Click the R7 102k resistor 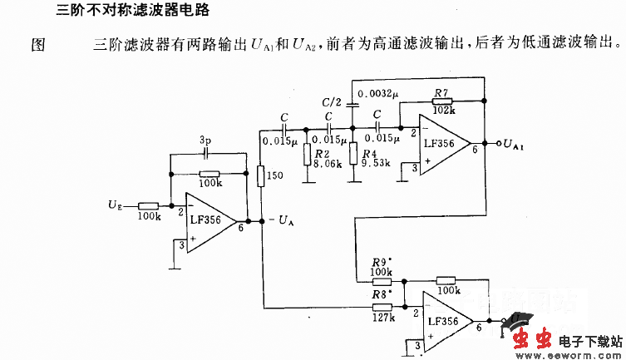pyautogui.click(x=443, y=100)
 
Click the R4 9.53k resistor pyautogui.click(x=354, y=154)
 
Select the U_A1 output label pyautogui.click(x=513, y=145)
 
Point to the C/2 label pyautogui.click(x=331, y=101)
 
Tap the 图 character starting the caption pyautogui.click(x=37, y=44)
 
